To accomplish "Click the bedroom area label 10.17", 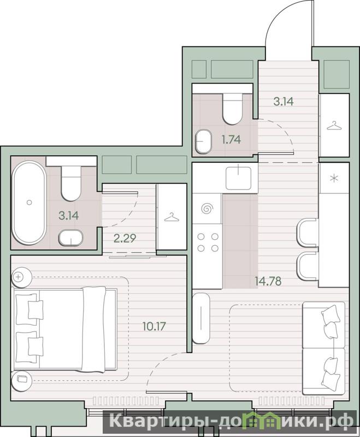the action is coord(154,326).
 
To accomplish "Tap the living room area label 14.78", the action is coord(268,281).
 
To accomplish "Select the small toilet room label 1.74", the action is coord(231,139).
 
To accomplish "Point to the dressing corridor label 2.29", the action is coord(125,238).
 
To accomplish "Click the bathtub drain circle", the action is coord(29,202).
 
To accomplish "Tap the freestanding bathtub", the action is coord(29,202).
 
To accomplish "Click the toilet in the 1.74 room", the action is coord(232,109).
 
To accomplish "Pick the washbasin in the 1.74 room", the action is coord(203,141).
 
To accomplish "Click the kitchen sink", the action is coord(238,178).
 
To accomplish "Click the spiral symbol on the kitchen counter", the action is coord(207,208).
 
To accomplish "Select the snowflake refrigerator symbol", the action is coord(334,178).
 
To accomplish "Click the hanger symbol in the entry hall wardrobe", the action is coord(334,126).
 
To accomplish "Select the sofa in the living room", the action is coord(324,348).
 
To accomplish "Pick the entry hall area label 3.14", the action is coord(284,102).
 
